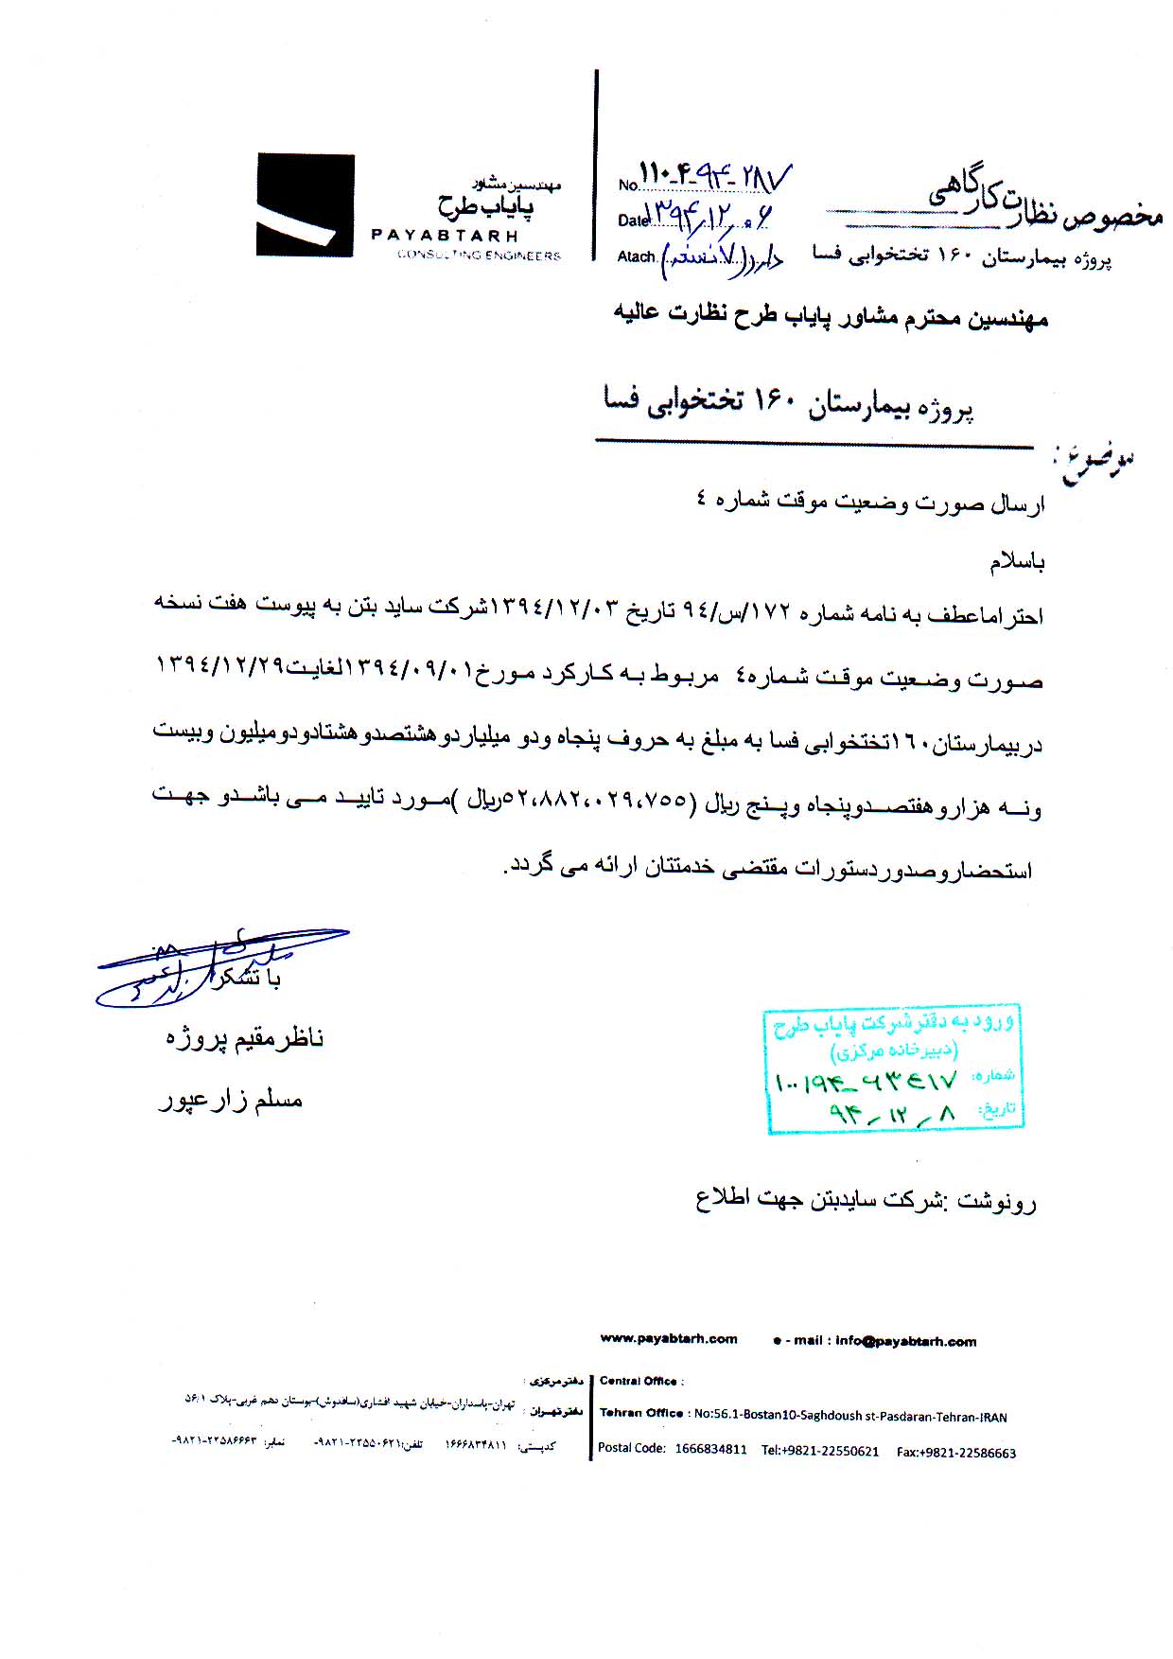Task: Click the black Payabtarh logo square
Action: (305, 205)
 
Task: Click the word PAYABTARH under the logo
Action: (445, 236)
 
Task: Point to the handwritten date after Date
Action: (708, 217)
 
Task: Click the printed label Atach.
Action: (636, 256)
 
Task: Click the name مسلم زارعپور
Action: (230, 1100)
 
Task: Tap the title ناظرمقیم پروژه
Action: (245, 1038)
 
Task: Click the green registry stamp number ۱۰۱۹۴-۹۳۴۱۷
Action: (867, 1080)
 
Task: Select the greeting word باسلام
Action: (1017, 562)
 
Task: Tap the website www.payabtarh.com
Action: (669, 1338)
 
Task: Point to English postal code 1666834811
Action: (710, 1449)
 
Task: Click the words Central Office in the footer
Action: (639, 1381)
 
